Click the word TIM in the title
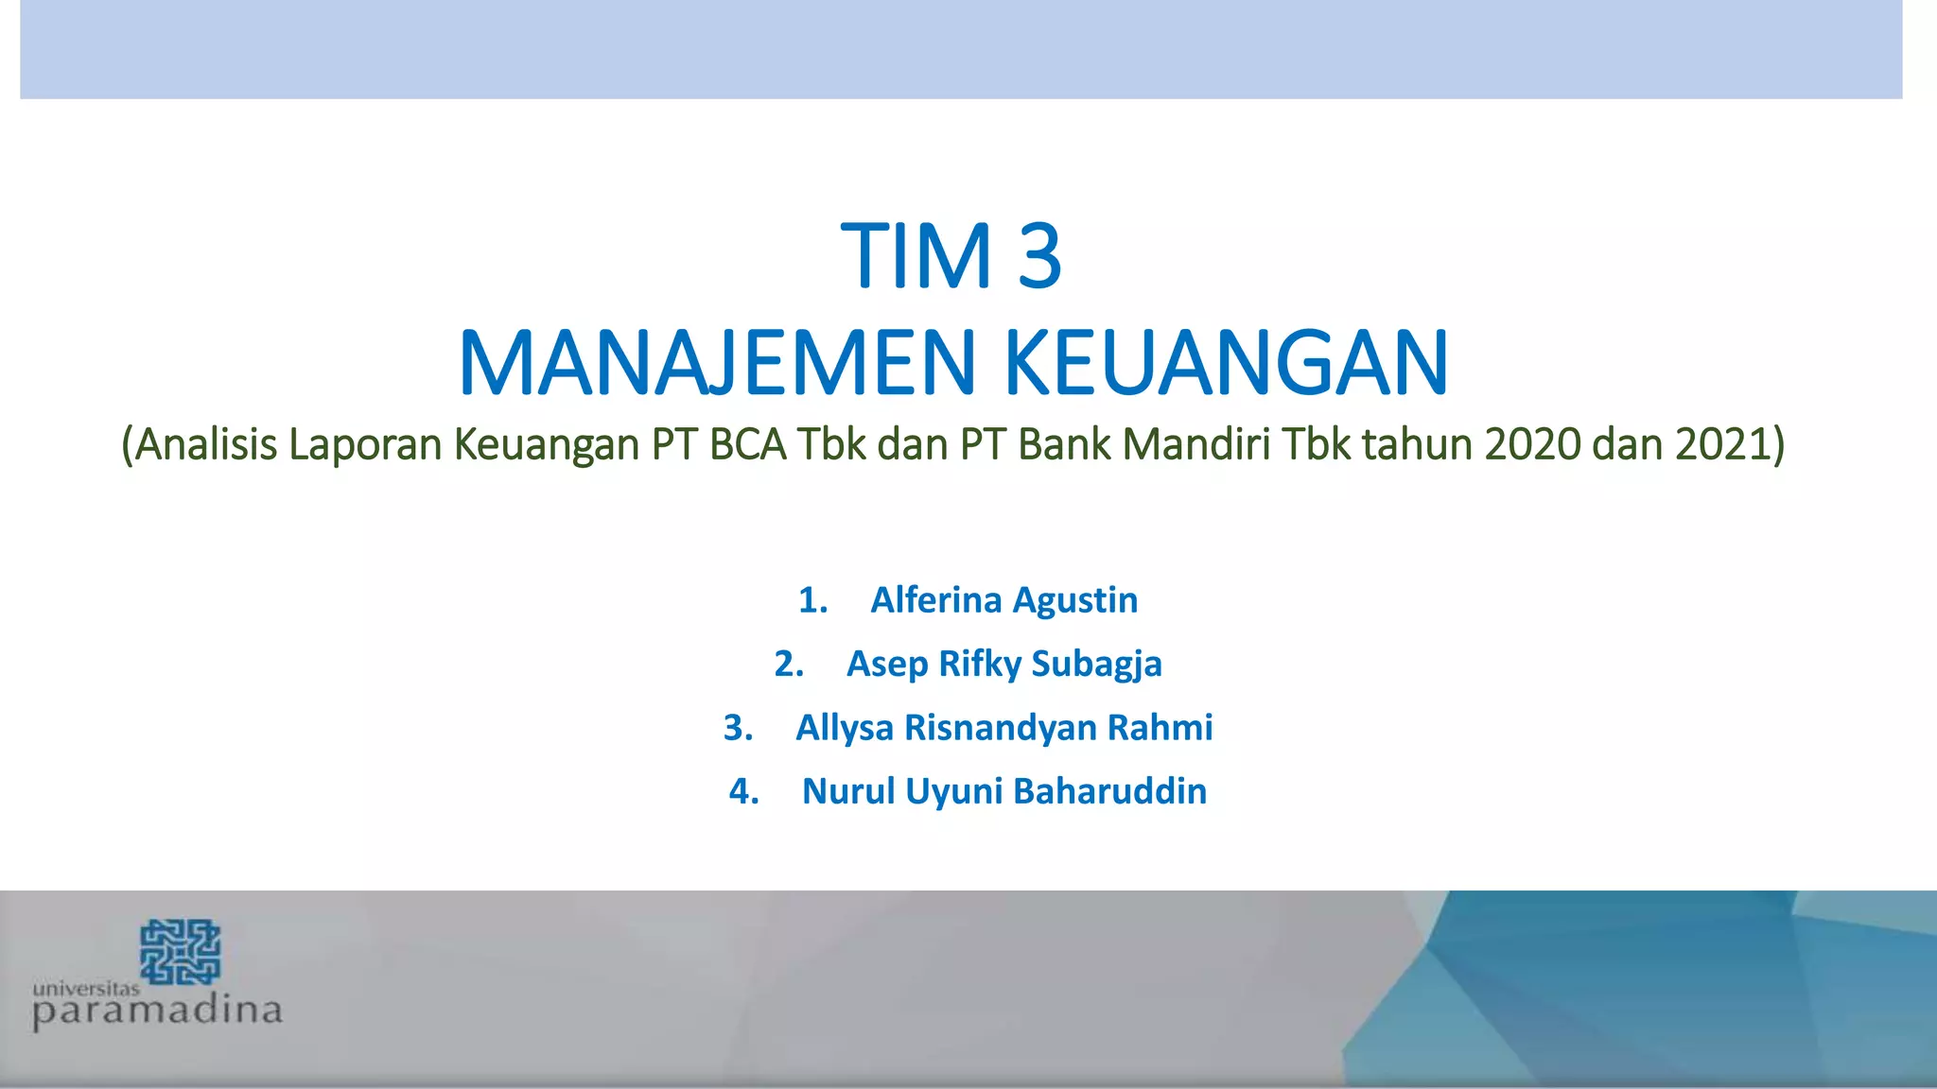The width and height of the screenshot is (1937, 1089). click(916, 256)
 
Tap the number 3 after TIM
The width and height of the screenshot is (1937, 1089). click(1039, 256)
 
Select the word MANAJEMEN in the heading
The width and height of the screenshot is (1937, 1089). click(717, 363)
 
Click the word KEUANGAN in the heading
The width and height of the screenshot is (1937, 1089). click(1225, 363)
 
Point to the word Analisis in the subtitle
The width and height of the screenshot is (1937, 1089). click(204, 444)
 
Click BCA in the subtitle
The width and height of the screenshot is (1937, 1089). click(747, 444)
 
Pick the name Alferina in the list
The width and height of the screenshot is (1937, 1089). click(935, 600)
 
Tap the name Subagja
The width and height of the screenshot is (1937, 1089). click(1096, 665)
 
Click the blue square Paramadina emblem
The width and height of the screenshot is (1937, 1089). click(180, 952)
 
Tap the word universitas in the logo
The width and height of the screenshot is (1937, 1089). click(86, 989)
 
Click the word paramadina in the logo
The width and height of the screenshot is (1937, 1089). click(157, 1012)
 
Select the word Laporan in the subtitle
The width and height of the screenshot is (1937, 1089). click(365, 444)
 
